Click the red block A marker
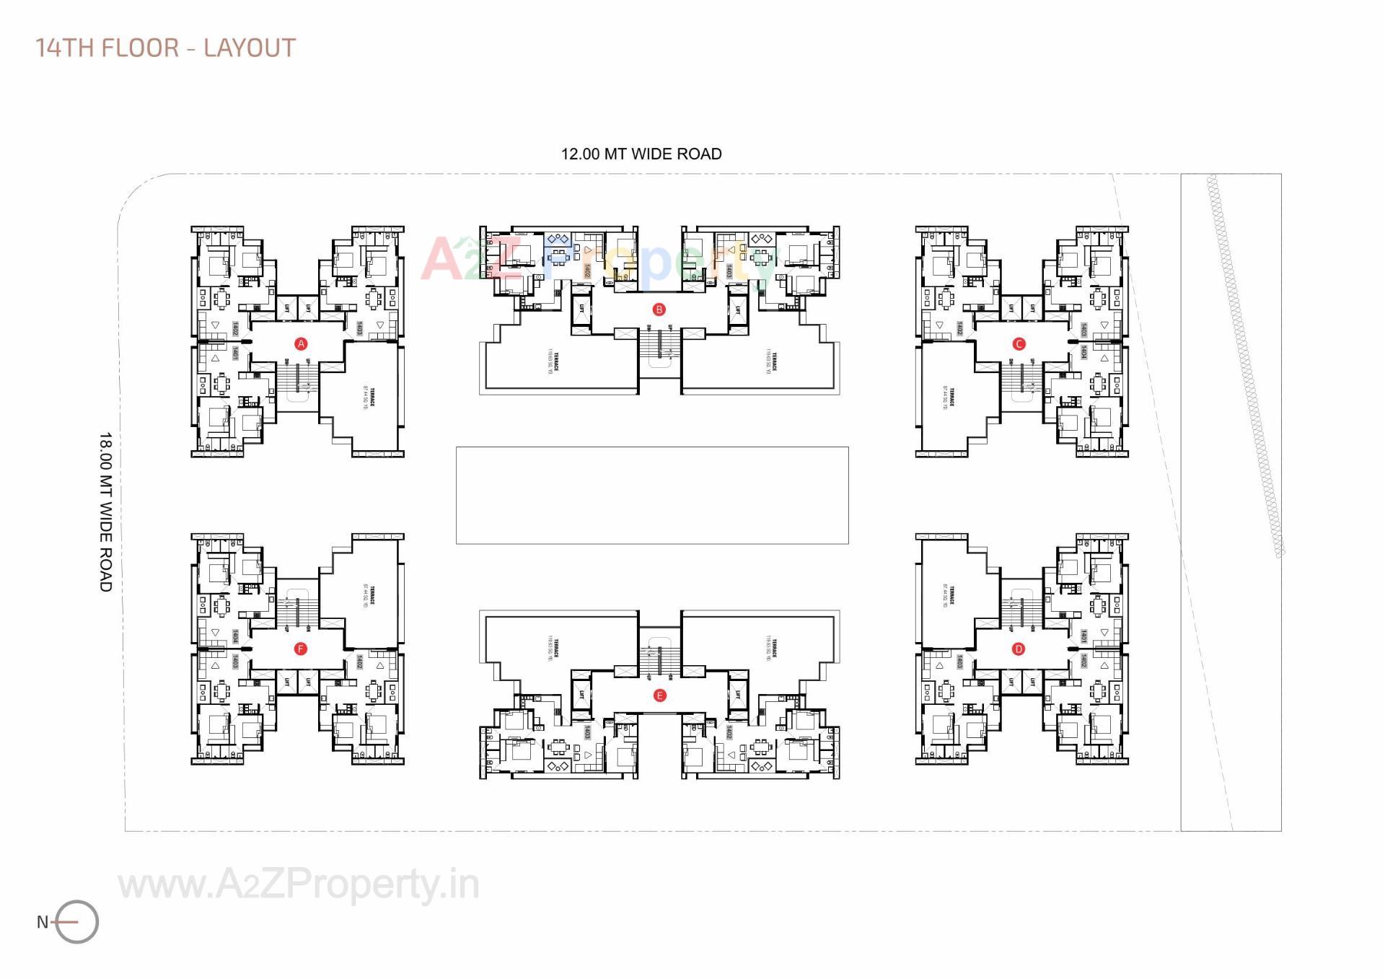(x=302, y=344)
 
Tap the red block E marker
(x=659, y=695)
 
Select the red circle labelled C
(x=1019, y=344)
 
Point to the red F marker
(x=301, y=649)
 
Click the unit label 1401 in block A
(x=236, y=354)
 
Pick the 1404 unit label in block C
(x=1083, y=351)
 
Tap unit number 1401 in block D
(x=1083, y=636)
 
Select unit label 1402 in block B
(x=587, y=271)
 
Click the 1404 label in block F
(x=236, y=636)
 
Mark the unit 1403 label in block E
(x=587, y=732)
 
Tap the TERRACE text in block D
(x=951, y=595)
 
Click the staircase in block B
(x=659, y=352)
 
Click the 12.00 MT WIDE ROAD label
(x=641, y=154)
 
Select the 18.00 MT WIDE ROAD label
(x=106, y=512)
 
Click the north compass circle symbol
(x=77, y=921)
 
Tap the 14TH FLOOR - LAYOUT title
(x=165, y=48)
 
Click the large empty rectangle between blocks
(x=652, y=495)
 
